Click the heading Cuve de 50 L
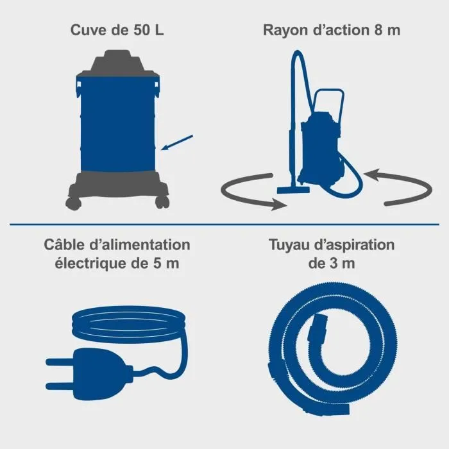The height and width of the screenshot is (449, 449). click(x=117, y=30)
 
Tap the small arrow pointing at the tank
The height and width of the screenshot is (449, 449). click(x=177, y=142)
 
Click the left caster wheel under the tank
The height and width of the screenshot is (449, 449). click(x=72, y=203)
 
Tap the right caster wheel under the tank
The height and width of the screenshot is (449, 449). click(x=160, y=203)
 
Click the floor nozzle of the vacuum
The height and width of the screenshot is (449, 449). click(x=291, y=190)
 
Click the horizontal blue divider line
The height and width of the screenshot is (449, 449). click(x=224, y=224)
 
